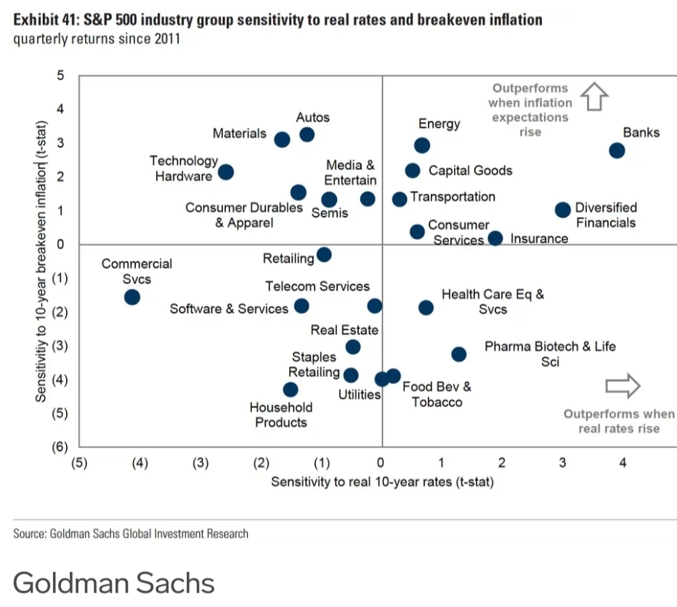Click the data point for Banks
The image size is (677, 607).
(x=617, y=151)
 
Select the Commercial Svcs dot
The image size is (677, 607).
(x=132, y=297)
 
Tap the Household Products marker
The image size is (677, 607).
(x=291, y=390)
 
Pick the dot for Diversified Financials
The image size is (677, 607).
(x=563, y=210)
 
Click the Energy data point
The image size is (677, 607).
(x=422, y=146)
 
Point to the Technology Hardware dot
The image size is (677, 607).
(x=226, y=172)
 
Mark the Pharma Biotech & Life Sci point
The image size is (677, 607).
(x=458, y=354)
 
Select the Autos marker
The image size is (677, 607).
(x=307, y=134)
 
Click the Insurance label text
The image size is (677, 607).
(x=539, y=239)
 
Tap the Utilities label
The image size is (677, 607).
(x=360, y=395)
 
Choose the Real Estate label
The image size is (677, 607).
(x=344, y=330)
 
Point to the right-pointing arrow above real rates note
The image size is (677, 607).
(x=623, y=386)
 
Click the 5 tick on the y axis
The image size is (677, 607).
(x=61, y=76)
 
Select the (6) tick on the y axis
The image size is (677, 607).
(x=58, y=447)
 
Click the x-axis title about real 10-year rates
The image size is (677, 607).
(x=382, y=481)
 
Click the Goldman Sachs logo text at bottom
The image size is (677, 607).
(x=113, y=583)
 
